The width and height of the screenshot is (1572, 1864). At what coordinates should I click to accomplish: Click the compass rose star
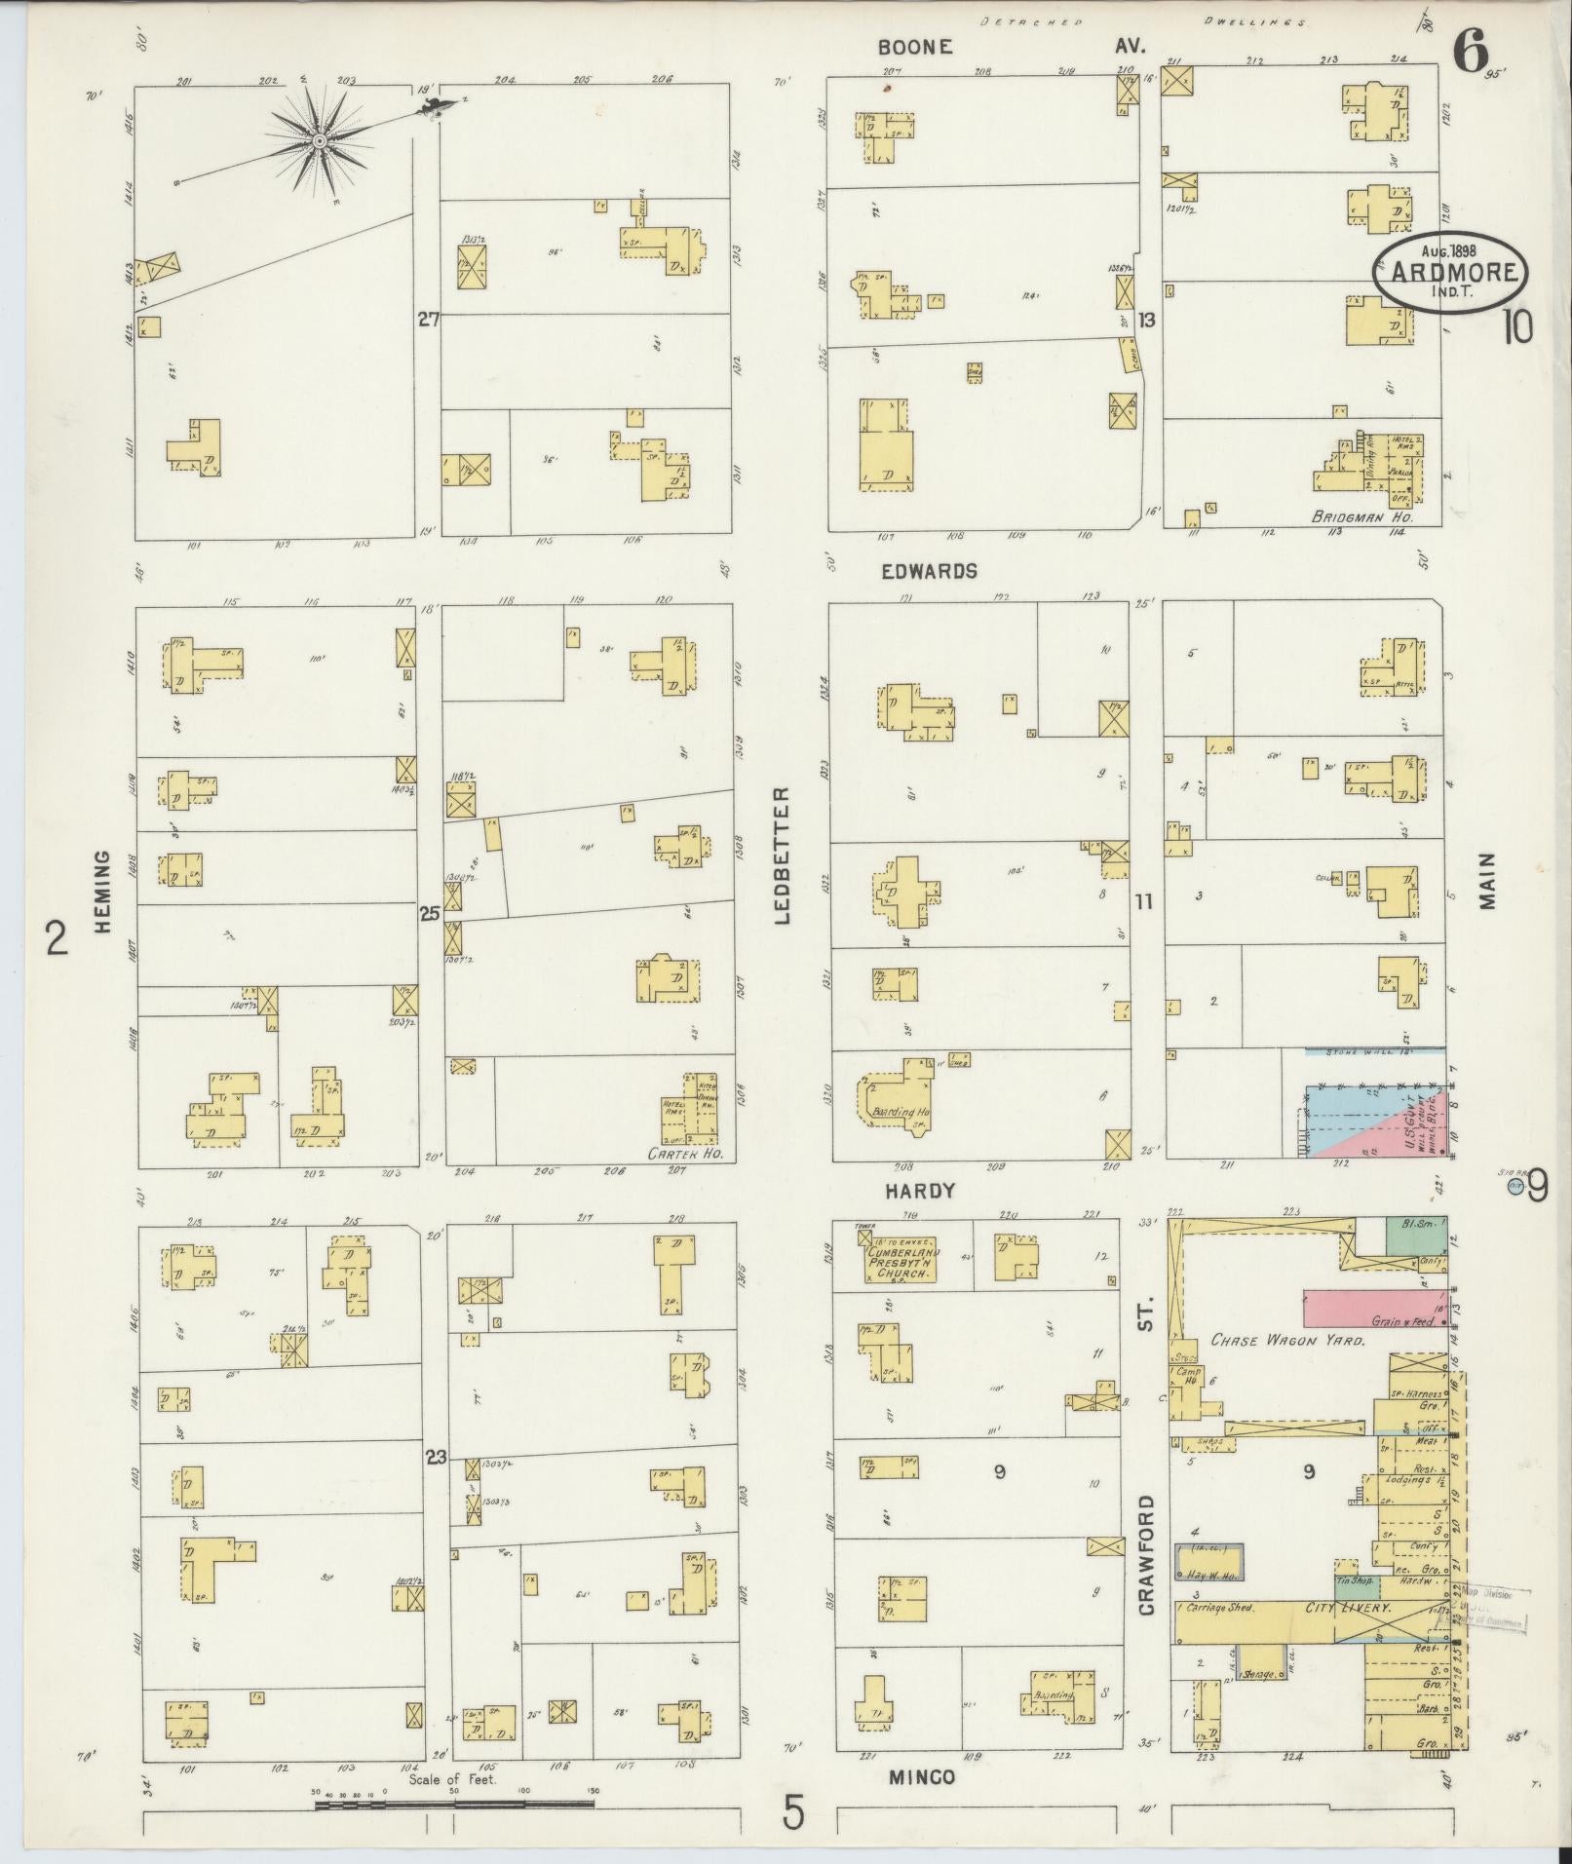coord(319,143)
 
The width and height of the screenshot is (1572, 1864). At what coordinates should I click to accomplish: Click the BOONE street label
coord(913,47)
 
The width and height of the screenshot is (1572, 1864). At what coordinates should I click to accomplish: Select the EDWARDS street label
coord(929,572)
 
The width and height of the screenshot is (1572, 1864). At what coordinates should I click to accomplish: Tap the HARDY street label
coord(919,1191)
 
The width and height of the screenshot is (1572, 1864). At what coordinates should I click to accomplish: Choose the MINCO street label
coord(921,1777)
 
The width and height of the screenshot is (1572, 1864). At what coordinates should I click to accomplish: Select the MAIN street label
coord(1487,881)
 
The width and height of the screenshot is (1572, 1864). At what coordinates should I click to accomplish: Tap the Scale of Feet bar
coord(454,1805)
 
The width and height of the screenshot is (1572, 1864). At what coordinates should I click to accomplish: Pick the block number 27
coord(427,320)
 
